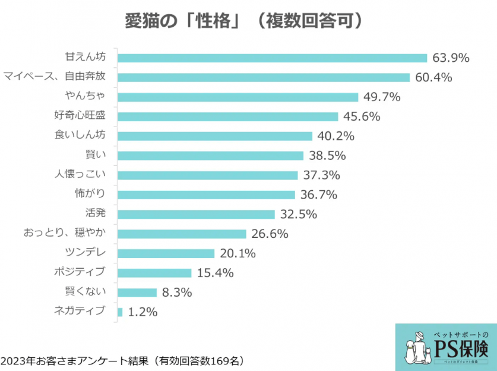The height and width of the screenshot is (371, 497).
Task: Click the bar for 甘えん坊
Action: (272, 58)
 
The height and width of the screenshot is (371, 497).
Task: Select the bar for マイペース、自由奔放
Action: (264, 77)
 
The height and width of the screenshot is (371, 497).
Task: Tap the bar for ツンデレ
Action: (166, 253)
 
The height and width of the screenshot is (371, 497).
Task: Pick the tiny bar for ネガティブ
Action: (120, 312)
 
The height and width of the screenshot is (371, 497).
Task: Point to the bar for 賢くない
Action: (137, 292)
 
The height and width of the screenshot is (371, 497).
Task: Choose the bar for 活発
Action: (196, 214)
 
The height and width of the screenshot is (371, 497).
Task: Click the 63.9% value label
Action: (451, 58)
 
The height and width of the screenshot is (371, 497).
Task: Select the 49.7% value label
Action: (382, 97)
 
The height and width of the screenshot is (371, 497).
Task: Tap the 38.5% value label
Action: (327, 155)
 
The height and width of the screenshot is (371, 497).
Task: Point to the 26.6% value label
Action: (270, 234)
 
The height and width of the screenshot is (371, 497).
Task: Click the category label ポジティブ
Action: (80, 272)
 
